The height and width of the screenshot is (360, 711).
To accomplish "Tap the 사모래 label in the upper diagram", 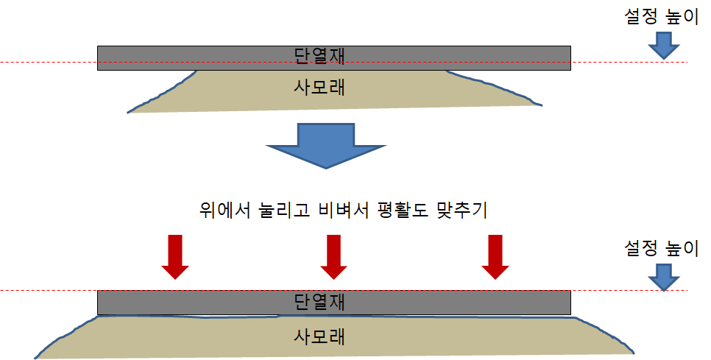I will (319, 88).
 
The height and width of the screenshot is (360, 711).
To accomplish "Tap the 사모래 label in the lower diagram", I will (319, 337).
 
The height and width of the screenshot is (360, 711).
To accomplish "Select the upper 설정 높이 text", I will (659, 18).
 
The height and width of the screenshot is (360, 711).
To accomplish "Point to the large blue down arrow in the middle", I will (325, 146).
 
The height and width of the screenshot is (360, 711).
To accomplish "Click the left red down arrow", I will (175, 257).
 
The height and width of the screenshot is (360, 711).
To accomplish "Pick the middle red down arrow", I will (333, 257).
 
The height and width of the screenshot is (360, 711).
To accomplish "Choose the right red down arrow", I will (495, 257).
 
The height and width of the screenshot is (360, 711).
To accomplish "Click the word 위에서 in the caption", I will (223, 210).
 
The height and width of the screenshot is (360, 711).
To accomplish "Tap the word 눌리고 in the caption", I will (283, 210).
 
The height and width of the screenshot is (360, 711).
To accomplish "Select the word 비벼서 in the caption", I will (344, 210).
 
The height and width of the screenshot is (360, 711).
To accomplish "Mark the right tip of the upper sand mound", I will (542, 105).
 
